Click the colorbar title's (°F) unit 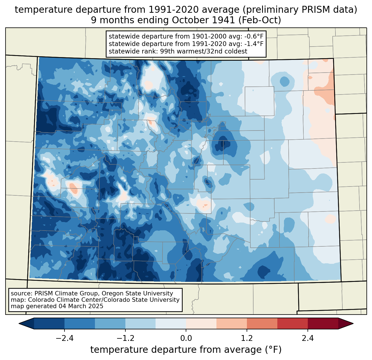click(273, 350)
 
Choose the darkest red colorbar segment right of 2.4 click(323, 323)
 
